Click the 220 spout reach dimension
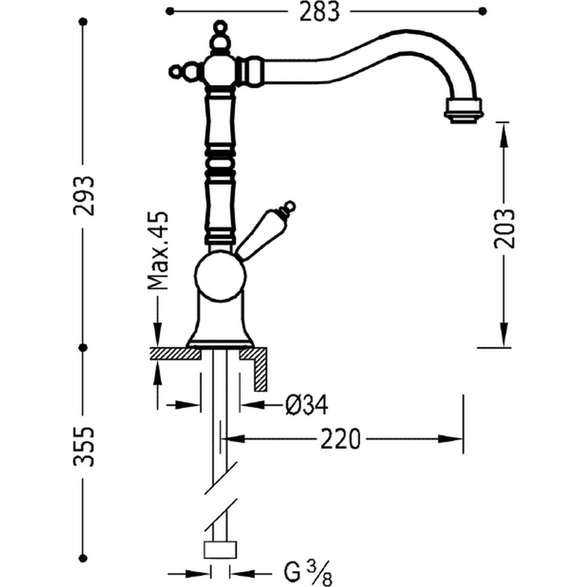340,439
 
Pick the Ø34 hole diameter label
306,405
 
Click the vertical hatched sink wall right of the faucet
260,369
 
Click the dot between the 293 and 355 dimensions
83,347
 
